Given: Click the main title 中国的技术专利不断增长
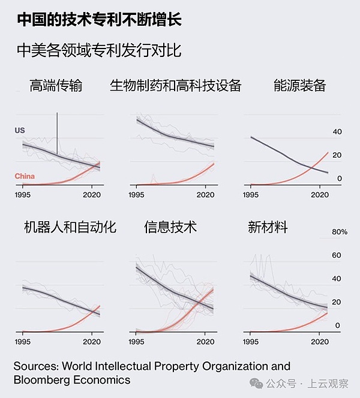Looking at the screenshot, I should point(99,20).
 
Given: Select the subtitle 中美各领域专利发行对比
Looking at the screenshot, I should point(99,50).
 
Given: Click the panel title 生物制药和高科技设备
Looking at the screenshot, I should point(175,86).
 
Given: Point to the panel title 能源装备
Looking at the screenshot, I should point(299,86).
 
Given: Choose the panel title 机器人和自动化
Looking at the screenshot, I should point(70,227).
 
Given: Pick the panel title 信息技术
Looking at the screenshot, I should point(170,227).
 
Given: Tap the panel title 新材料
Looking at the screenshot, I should point(268,227).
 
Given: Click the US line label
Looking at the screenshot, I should point(20,130).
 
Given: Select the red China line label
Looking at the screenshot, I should point(25,176).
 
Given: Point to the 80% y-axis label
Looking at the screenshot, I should point(340,232).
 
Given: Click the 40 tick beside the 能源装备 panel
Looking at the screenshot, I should point(337,132).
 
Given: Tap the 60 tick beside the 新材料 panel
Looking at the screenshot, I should point(337,255).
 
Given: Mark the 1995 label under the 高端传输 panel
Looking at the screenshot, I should point(23,195).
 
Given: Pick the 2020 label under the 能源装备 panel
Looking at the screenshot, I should point(319,195).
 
